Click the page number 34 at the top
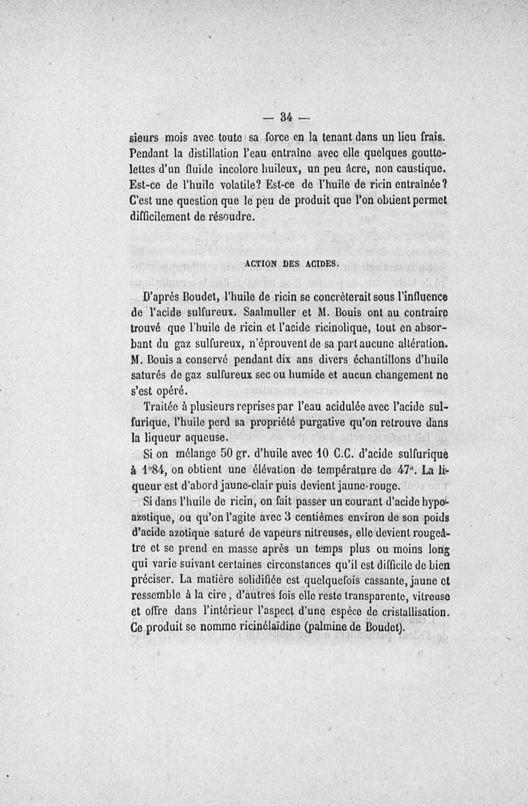[x=286, y=118]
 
